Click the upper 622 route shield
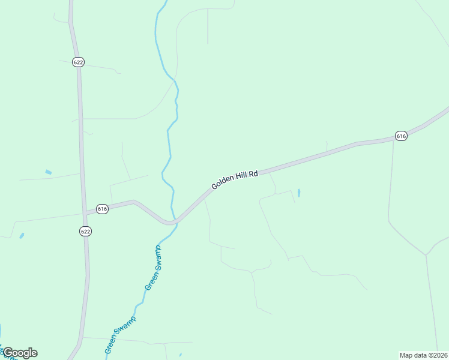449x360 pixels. tap(78, 62)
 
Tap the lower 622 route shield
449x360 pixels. tap(85, 231)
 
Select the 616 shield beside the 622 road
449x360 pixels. tap(102, 209)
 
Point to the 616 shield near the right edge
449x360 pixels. tap(402, 136)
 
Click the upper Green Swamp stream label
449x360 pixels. tap(154, 268)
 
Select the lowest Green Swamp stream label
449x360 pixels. tap(121, 334)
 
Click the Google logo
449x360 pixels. tap(20, 353)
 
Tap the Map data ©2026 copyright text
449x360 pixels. tap(423, 355)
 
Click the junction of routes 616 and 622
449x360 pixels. tap(84, 212)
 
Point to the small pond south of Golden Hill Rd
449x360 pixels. tap(298, 193)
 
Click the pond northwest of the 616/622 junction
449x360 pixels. tap(48, 173)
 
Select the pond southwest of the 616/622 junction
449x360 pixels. tap(22, 236)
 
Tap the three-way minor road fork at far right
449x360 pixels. tap(426, 255)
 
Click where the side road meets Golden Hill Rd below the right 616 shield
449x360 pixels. tap(393, 140)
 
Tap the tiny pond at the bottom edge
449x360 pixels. tap(180, 355)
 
